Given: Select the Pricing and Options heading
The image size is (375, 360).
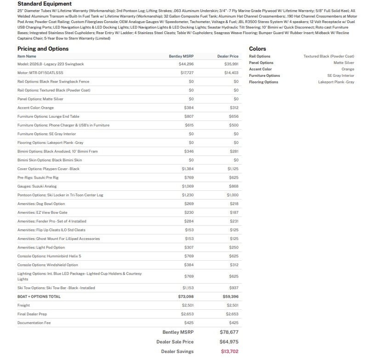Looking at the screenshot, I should pos(43,49).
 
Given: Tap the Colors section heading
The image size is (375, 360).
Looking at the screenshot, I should pos(257,49).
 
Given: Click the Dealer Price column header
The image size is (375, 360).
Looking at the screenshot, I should pos(228,56).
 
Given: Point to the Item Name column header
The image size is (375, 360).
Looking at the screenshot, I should pos(27,56).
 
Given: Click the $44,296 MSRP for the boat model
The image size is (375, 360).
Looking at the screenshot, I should pos(186,64).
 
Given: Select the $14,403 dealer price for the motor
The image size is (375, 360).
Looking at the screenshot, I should pos(232,73).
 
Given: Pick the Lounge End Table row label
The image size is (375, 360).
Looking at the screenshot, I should pos(48,116).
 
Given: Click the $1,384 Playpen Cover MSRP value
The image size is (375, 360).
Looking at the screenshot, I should pos(187,169).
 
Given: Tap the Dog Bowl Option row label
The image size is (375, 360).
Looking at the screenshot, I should pos(41,204).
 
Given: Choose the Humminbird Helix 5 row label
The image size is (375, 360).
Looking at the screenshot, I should pos(49,256).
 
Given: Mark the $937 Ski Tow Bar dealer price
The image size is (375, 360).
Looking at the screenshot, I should pos(233,288).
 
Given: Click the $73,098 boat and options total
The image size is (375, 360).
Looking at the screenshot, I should pos(186,297).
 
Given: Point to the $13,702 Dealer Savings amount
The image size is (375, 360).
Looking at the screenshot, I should pos(229,352).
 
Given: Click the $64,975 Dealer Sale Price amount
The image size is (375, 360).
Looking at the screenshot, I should pos(229,342).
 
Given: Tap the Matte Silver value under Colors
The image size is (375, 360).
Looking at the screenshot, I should pos(344,63).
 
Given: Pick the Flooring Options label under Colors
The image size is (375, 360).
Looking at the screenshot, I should pos(263,82).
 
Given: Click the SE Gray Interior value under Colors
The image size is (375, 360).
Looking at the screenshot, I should pos(340,75).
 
